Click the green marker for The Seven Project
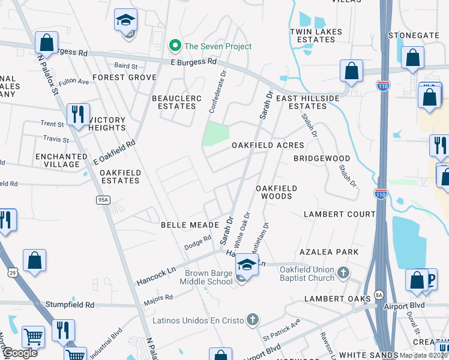175,46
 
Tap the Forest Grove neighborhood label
124,77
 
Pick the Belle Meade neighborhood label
184,224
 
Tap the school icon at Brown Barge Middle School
246,264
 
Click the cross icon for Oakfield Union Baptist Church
343,273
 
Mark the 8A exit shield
378,295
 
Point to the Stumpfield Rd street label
72,305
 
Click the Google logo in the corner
20,353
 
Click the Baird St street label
125,65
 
